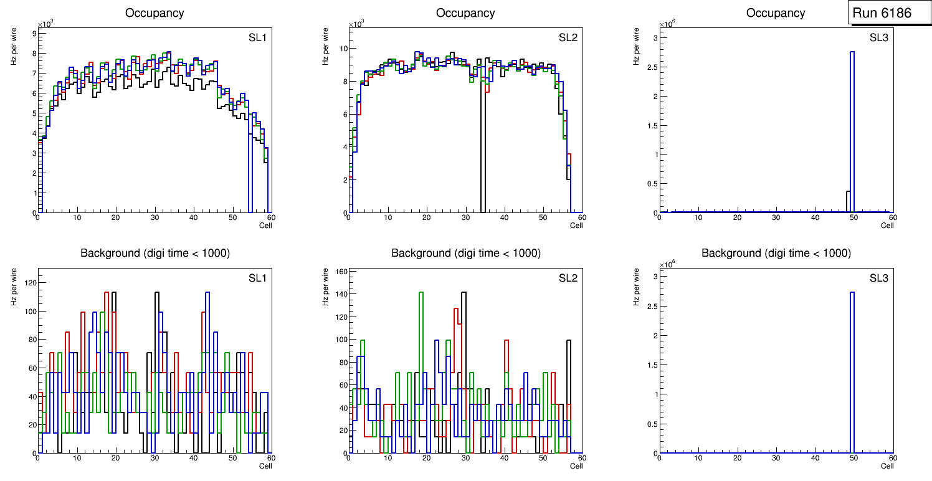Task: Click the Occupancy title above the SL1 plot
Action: pyautogui.click(x=155, y=13)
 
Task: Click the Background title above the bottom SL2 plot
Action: pyautogui.click(x=465, y=254)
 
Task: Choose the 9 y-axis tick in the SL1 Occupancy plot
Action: pyautogui.click(x=34, y=33)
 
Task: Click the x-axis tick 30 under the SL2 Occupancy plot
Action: pyautogui.click(x=465, y=217)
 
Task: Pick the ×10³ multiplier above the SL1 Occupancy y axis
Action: pyautogui.click(x=45, y=24)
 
